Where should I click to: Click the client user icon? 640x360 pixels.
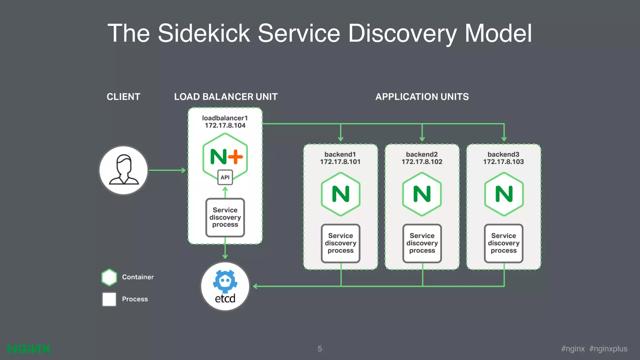point(123,170)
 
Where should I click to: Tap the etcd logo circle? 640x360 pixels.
point(225,286)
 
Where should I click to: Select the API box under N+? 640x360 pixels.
point(225,177)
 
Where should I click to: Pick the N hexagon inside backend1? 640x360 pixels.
point(341,194)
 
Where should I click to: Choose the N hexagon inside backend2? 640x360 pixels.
point(422,194)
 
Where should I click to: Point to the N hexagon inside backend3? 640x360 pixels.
point(504,194)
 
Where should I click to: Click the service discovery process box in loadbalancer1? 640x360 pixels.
point(225,217)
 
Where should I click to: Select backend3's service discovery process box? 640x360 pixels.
point(504,243)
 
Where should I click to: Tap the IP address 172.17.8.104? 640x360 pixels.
point(225,126)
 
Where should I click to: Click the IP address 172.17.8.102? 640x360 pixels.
point(422,162)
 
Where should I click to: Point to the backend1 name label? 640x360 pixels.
point(340,154)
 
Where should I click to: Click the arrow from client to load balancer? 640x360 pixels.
point(167,170)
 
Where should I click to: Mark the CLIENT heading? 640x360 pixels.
point(123,97)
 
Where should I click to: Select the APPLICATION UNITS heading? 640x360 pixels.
point(422,97)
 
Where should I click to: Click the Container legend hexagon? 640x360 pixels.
point(109,277)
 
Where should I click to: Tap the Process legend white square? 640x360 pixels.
point(109,299)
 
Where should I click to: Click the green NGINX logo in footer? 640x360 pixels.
point(29,349)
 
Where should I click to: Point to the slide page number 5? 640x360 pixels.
point(320,349)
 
